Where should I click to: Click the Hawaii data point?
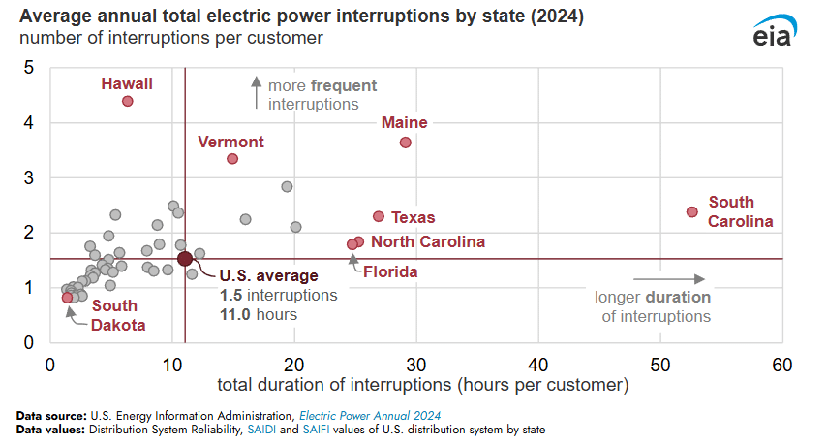[127, 101]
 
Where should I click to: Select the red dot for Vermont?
[232, 158]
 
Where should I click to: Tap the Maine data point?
[406, 143]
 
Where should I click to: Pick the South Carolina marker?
[692, 211]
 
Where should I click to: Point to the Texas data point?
[379, 216]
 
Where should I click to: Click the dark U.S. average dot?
[185, 258]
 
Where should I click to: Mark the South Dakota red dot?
[67, 298]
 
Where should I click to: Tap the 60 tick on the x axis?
[782, 365]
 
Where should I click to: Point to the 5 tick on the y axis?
[30, 68]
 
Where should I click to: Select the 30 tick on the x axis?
[416, 365]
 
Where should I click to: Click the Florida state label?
[390, 272]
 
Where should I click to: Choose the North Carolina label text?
[428, 241]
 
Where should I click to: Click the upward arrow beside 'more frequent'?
[257, 92]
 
